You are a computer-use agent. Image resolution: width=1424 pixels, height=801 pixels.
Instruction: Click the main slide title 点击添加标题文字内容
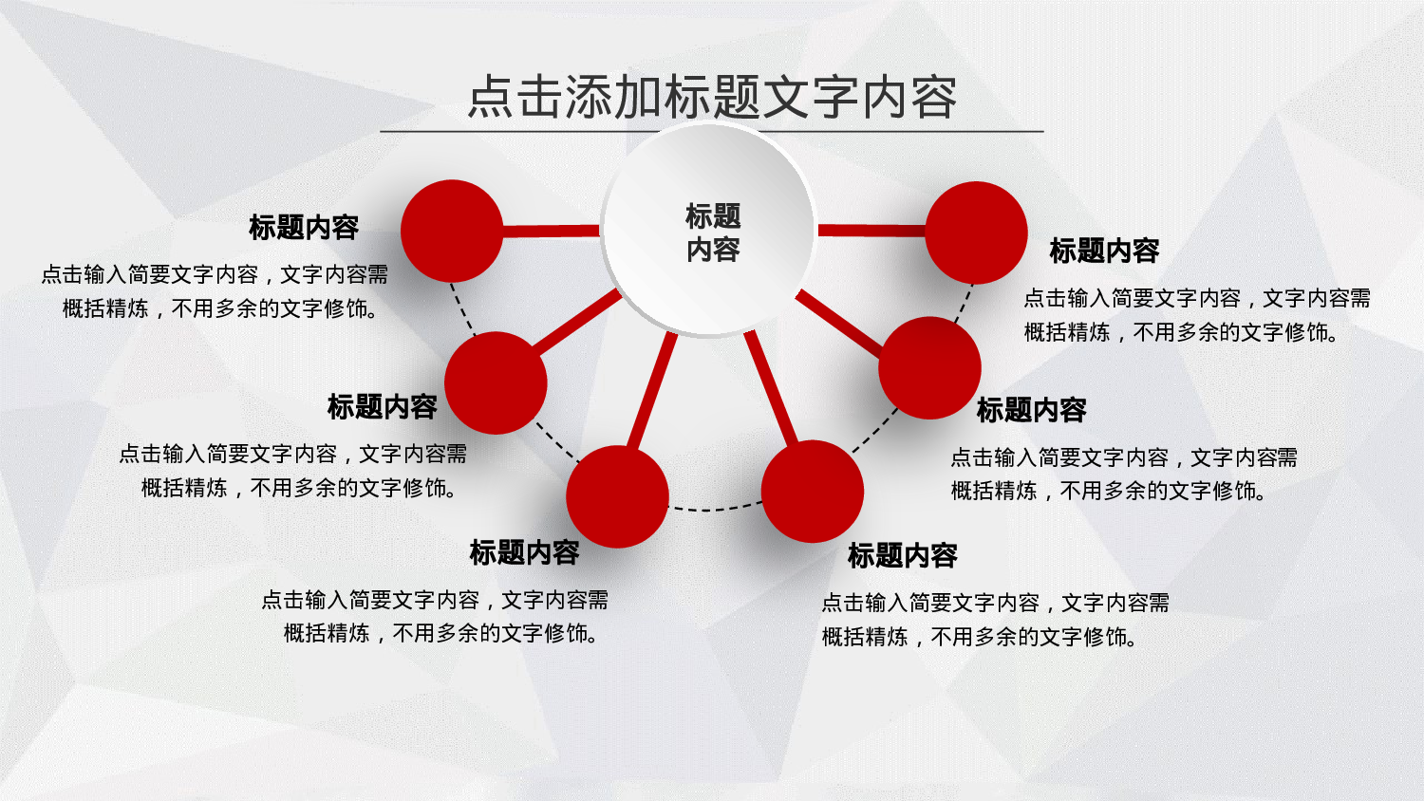tap(712, 97)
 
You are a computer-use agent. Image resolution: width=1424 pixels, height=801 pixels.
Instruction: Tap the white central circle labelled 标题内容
tap(710, 231)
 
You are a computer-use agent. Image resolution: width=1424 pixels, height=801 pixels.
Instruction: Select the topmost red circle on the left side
tap(452, 231)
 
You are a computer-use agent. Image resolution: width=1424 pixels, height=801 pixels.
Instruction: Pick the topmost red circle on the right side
tap(976, 233)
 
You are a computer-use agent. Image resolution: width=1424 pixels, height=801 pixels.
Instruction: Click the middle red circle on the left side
tap(496, 382)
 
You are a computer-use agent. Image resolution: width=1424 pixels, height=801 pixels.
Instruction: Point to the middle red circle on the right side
tap(929, 367)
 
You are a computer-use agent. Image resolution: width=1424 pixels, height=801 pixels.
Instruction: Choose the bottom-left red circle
tap(617, 496)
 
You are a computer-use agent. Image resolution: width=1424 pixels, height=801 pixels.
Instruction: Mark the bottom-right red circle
tap(812, 492)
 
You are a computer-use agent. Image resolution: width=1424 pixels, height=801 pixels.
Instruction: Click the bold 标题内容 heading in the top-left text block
tap(304, 228)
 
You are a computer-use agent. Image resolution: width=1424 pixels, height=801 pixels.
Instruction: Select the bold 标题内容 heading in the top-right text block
tap(1104, 251)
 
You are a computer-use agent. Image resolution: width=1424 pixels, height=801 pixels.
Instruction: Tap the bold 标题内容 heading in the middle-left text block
tap(382, 407)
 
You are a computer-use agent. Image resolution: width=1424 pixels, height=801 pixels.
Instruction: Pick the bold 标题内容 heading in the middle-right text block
tap(1031, 411)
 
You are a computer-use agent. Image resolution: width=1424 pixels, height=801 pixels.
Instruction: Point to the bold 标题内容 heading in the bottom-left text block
tap(524, 552)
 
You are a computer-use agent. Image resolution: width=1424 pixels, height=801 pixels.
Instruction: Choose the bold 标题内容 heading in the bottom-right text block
tap(902, 556)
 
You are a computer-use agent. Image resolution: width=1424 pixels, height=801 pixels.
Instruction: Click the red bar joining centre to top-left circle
tap(551, 231)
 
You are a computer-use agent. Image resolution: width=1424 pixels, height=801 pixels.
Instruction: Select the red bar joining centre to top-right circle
tap(871, 231)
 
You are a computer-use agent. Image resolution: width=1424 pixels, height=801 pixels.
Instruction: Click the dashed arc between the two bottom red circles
tap(715, 510)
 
